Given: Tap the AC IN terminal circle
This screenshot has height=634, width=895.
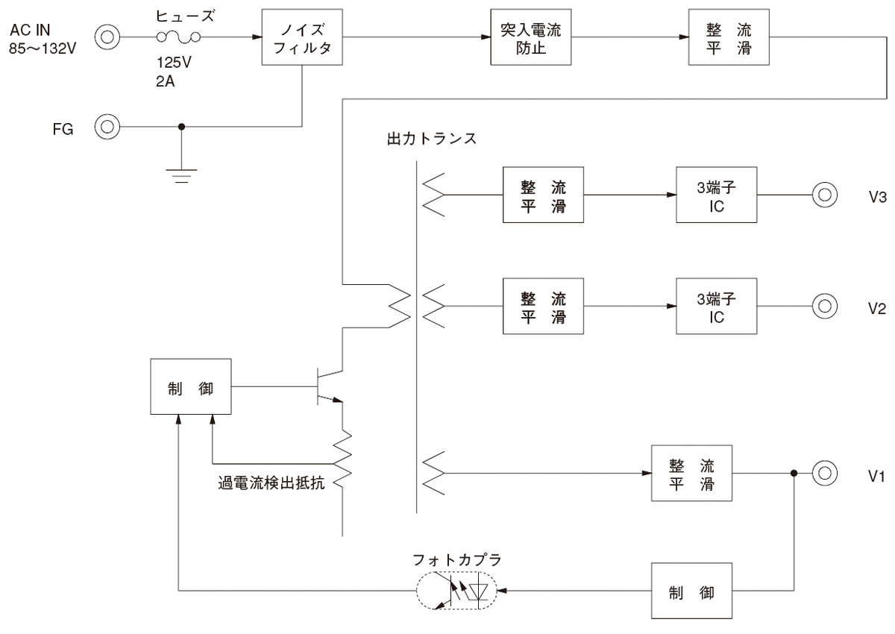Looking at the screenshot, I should (107, 36).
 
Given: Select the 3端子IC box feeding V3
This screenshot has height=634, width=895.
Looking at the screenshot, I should (716, 195).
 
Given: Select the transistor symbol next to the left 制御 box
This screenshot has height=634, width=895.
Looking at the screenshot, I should (327, 386).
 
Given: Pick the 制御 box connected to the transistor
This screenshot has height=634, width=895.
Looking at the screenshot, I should (190, 386).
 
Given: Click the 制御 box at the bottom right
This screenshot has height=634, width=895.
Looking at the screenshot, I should (691, 591).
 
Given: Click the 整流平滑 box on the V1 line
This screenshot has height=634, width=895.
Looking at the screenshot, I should (691, 473).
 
